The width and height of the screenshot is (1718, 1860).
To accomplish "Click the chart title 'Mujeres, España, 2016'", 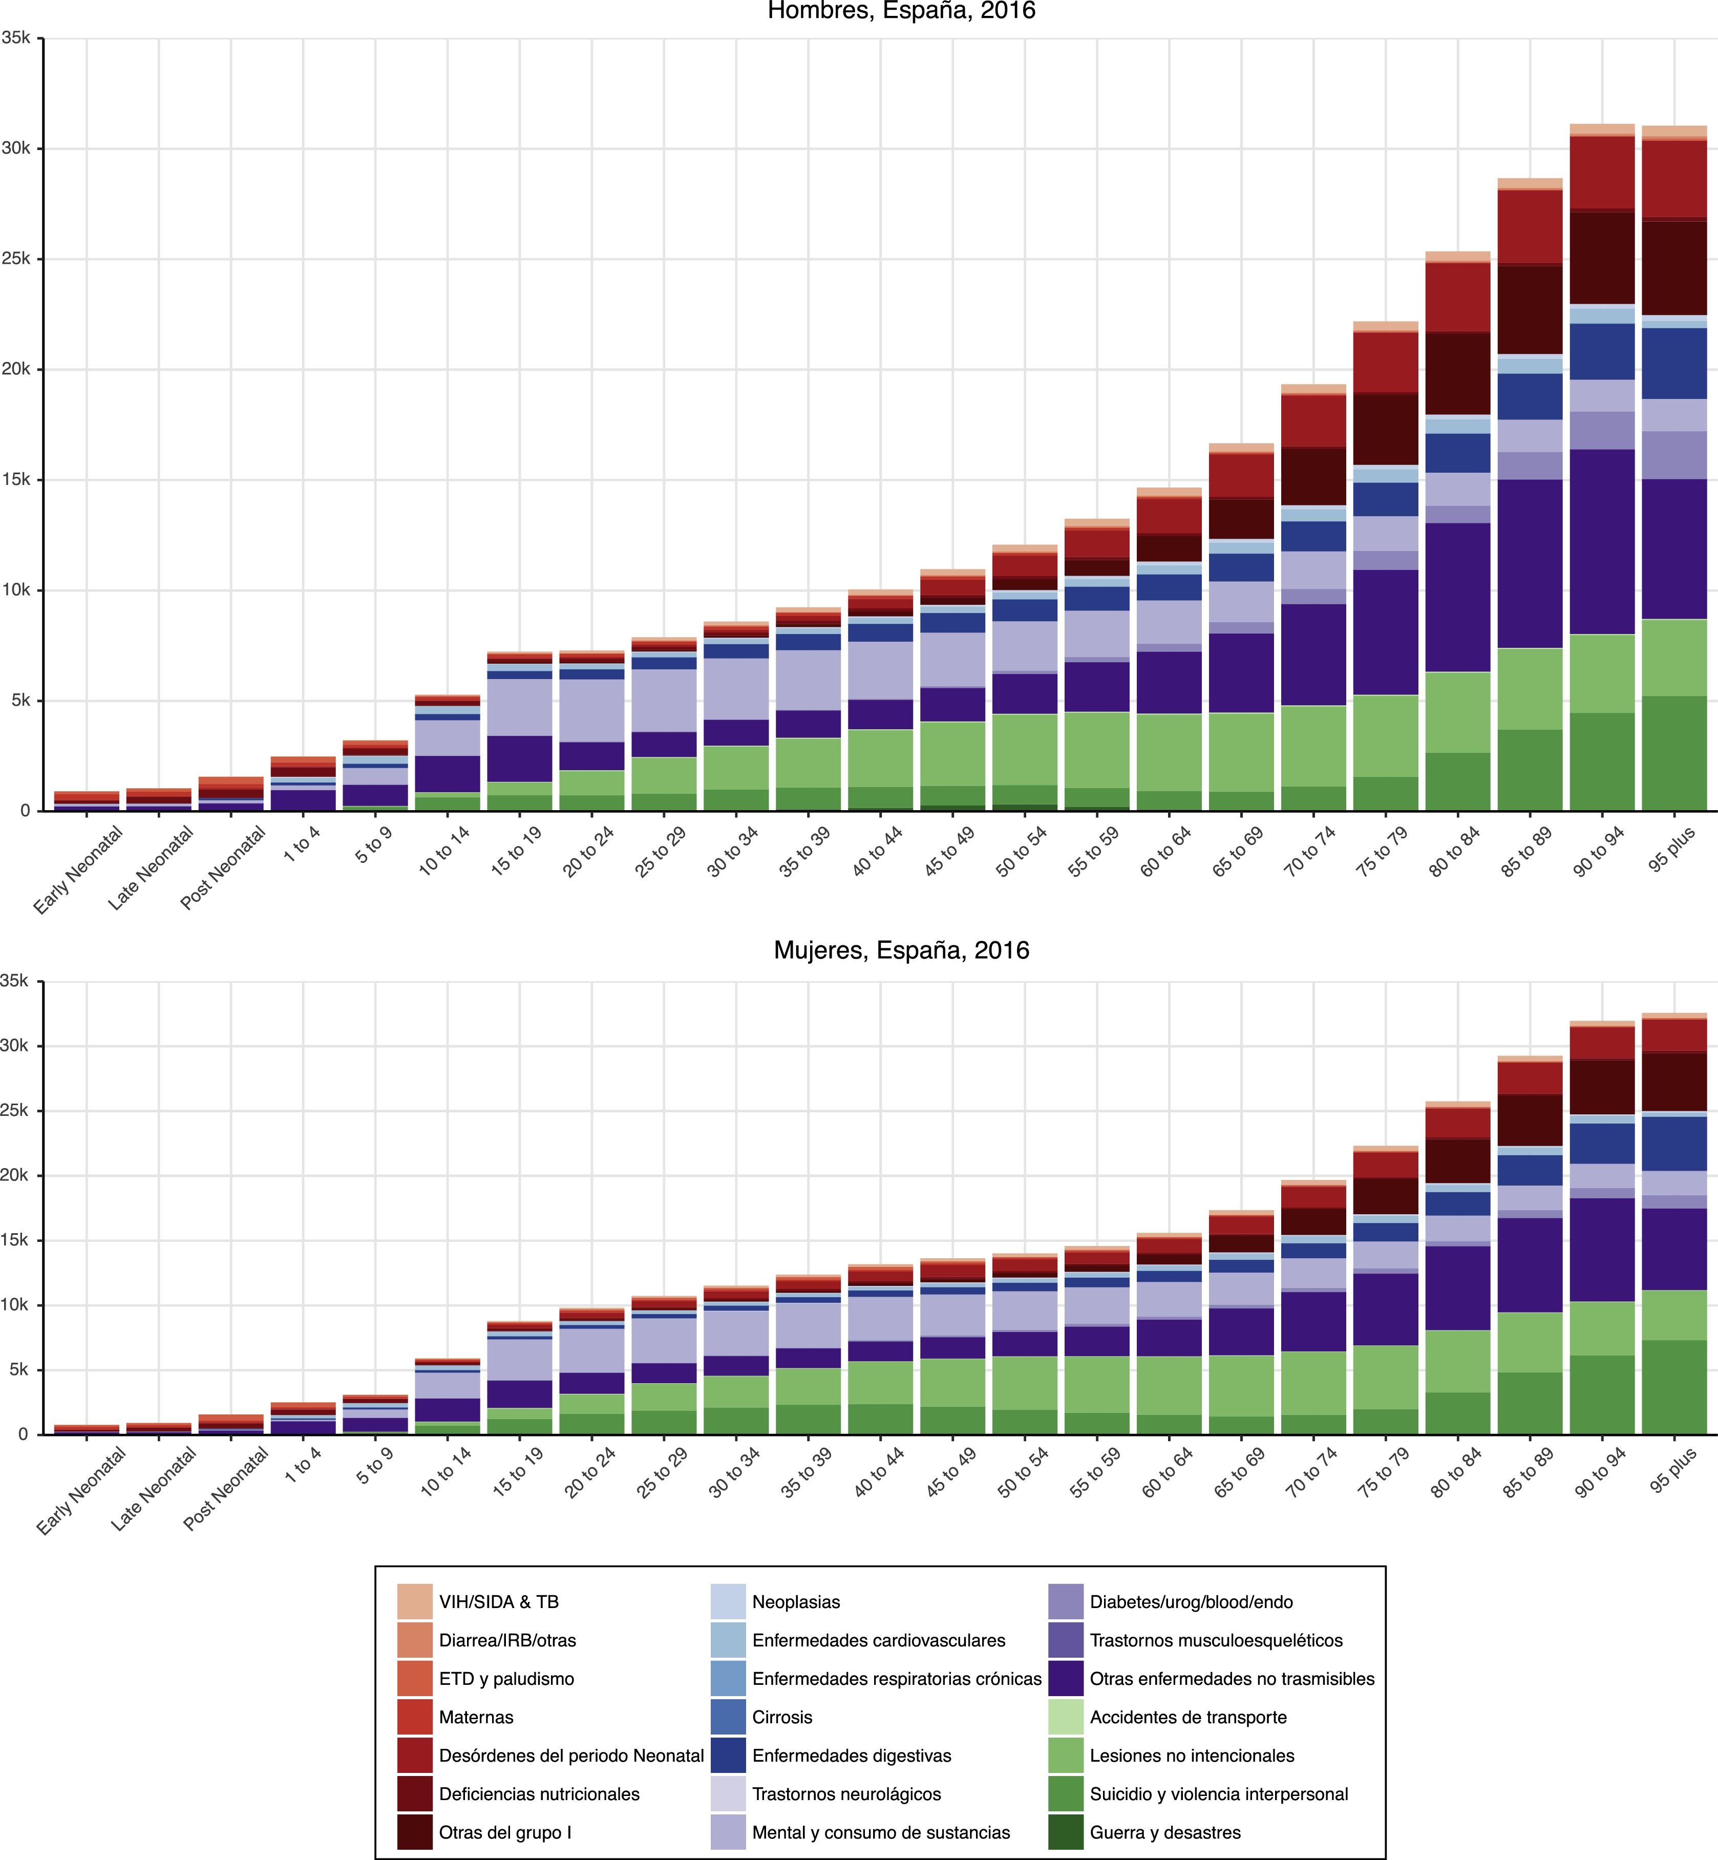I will pyautogui.click(x=901, y=950).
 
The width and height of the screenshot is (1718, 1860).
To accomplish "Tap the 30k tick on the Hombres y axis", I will pyautogui.click(x=17, y=149).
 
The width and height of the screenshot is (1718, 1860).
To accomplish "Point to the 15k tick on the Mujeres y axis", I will pyautogui.click(x=17, y=1240).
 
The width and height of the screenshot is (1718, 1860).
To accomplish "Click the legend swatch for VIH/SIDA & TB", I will pyautogui.click(x=415, y=1601).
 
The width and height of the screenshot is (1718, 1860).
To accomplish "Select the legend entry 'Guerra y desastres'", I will pyautogui.click(x=1165, y=1832).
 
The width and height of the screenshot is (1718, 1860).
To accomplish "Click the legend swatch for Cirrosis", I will pyautogui.click(x=728, y=1717).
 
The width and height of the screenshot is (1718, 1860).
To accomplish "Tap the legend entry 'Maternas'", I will pyautogui.click(x=476, y=1717).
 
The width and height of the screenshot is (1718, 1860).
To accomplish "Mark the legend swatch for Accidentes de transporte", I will pyautogui.click(x=1066, y=1717).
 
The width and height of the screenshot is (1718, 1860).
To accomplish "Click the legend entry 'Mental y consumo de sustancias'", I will pyautogui.click(x=880, y=1832).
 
